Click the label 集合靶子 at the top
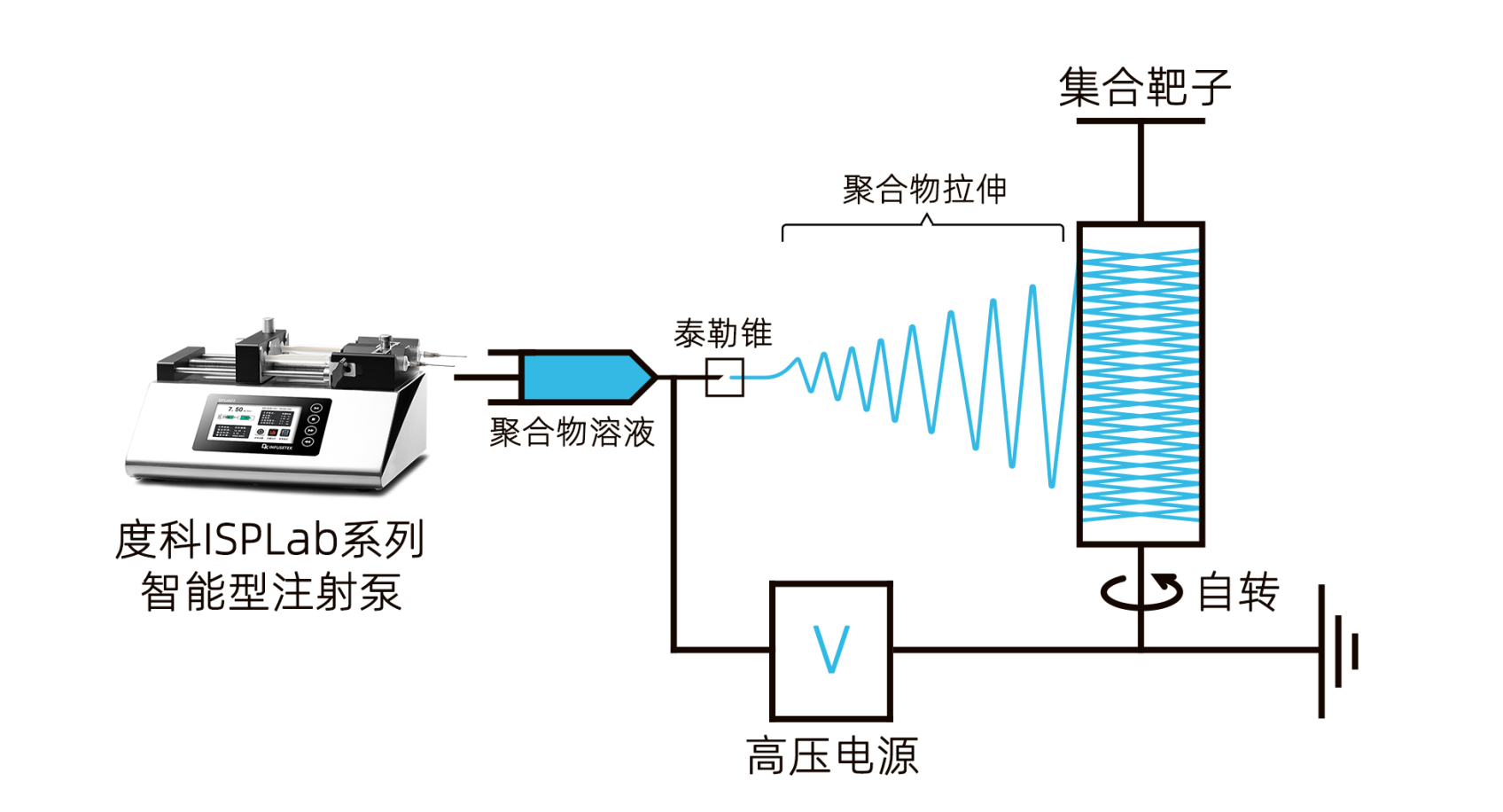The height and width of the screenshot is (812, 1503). click(x=1144, y=87)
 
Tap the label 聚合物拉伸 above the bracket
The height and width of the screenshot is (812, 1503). click(x=924, y=190)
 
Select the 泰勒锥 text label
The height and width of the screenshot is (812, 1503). click(x=722, y=334)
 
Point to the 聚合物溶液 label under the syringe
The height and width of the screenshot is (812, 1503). click(x=572, y=433)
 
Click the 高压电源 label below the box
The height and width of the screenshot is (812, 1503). click(x=831, y=756)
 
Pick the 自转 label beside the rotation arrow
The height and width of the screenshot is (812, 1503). click(x=1237, y=592)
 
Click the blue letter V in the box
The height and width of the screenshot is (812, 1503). click(x=831, y=649)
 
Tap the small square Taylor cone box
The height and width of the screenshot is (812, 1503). click(x=724, y=378)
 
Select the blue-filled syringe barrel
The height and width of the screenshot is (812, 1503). click(x=576, y=377)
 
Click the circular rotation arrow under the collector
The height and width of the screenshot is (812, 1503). click(x=1141, y=591)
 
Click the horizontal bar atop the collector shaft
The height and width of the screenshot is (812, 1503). click(x=1141, y=121)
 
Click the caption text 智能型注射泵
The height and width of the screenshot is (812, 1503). click(x=271, y=592)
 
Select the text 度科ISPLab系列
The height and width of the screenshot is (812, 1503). click(x=270, y=540)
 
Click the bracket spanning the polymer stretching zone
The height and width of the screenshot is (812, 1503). click(x=923, y=229)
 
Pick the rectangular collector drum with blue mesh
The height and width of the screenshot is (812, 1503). click(x=1141, y=384)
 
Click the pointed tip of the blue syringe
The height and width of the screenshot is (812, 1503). click(x=650, y=377)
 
